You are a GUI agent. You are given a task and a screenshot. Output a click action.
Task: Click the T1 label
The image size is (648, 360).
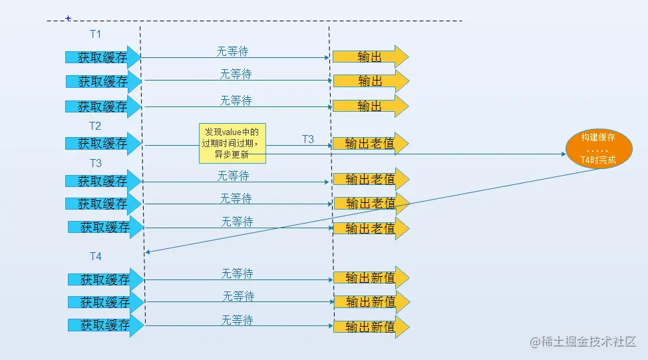pyautogui.click(x=95, y=34)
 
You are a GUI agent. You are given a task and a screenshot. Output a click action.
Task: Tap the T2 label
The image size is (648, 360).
pyautogui.click(x=95, y=125)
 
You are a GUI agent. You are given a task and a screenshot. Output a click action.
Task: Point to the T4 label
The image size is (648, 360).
pyautogui.click(x=96, y=256)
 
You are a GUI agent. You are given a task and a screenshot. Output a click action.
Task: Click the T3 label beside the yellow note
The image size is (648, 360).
pyautogui.click(x=308, y=139)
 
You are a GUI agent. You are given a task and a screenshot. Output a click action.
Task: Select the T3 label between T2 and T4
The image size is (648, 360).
pyautogui.click(x=96, y=163)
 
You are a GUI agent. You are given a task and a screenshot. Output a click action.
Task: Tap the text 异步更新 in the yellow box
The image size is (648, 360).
pyautogui.click(x=232, y=154)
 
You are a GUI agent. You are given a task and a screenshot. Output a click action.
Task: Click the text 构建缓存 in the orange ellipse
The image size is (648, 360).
pyautogui.click(x=597, y=138)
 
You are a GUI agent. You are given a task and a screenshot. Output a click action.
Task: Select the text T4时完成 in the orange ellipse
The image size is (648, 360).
pyautogui.click(x=597, y=160)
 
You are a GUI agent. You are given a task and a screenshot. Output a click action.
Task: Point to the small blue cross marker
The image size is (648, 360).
pyautogui.click(x=68, y=19)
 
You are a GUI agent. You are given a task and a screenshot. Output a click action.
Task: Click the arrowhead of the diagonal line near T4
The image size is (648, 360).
pyautogui.click(x=148, y=252)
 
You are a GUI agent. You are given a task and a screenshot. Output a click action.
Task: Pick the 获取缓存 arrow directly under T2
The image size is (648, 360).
pyautogui.click(x=103, y=144)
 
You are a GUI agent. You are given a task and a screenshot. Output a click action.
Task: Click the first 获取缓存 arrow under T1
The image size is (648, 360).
pyautogui.click(x=103, y=57)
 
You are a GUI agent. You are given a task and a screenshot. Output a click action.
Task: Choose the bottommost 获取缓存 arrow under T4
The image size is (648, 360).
pyautogui.click(x=106, y=325)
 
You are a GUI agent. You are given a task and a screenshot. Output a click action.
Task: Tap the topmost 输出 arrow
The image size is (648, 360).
pyautogui.click(x=370, y=57)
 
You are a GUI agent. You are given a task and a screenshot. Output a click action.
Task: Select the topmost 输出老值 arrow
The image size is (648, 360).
pyautogui.click(x=371, y=144)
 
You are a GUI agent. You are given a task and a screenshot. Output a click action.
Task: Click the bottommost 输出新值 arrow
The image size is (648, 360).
pyautogui.click(x=371, y=327)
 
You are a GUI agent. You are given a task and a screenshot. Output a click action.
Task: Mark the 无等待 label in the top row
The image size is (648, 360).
pyautogui.click(x=233, y=51)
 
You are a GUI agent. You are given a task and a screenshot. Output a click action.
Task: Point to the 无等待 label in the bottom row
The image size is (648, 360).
pyautogui.click(x=238, y=320)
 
